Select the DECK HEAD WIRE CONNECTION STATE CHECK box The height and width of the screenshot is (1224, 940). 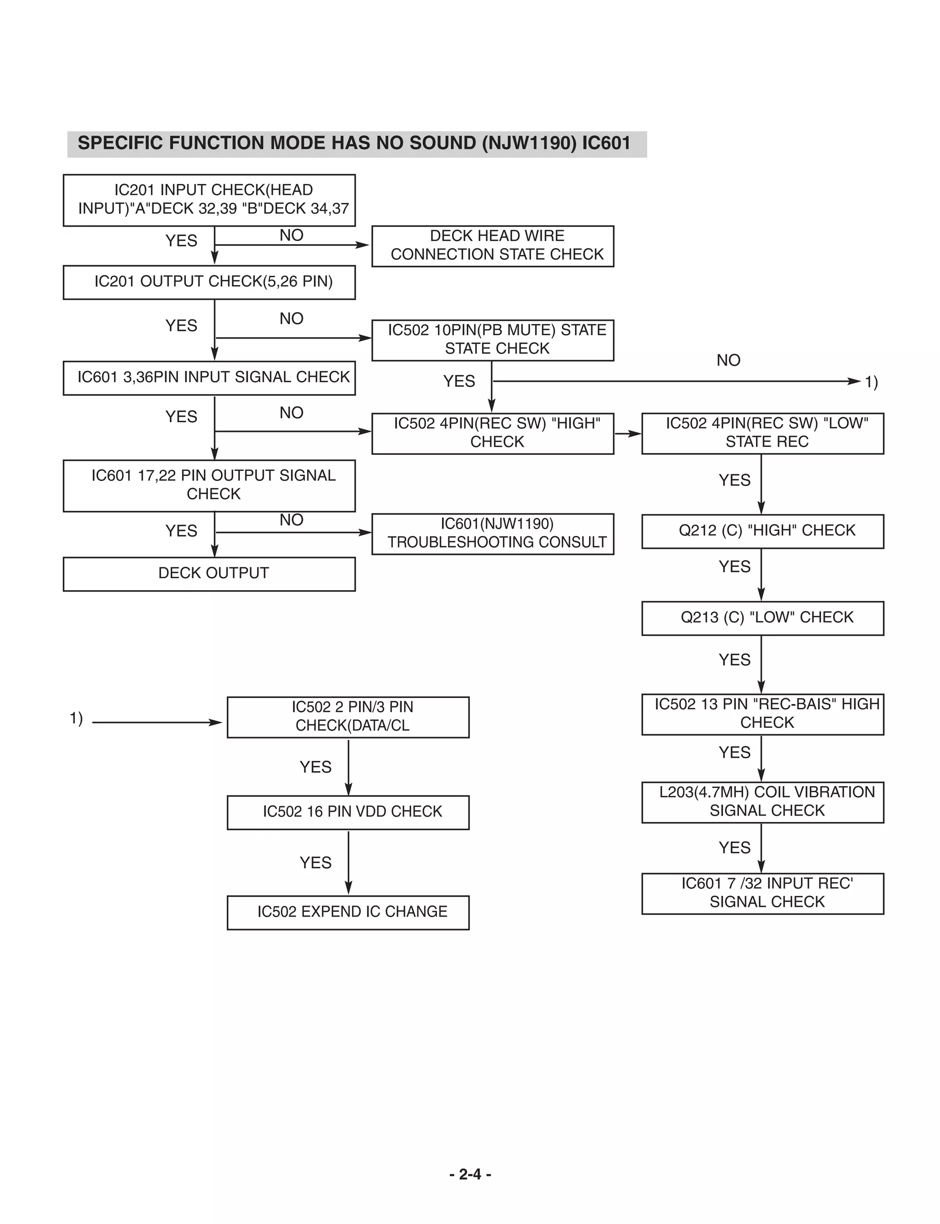click(x=492, y=246)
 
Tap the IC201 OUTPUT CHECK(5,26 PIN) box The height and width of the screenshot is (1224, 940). click(x=209, y=282)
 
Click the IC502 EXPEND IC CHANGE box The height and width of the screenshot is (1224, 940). click(x=347, y=912)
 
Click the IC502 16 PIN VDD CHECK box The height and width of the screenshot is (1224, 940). click(x=347, y=812)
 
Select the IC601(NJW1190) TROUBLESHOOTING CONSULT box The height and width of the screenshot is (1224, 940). click(x=492, y=533)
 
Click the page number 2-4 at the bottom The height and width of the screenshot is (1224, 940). click(x=470, y=1174)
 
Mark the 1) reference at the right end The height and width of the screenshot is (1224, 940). click(x=871, y=382)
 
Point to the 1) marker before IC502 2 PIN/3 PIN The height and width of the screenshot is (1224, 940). click(x=76, y=718)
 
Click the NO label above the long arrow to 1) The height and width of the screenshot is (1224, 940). click(x=728, y=360)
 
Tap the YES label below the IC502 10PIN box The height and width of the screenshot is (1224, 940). click(x=459, y=381)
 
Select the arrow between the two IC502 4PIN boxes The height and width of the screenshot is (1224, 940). click(x=628, y=434)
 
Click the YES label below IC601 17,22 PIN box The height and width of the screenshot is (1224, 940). click(x=181, y=531)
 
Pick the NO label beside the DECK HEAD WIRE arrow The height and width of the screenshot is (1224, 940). click(x=291, y=235)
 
